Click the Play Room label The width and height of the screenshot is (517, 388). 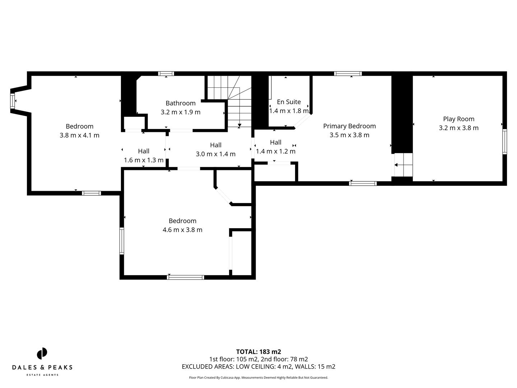(x=458, y=119)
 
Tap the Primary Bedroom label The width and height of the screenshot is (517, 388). (x=349, y=126)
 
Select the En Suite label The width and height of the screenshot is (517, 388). (x=289, y=102)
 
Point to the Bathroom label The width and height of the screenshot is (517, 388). (x=181, y=103)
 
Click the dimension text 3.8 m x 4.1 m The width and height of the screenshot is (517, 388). (x=79, y=135)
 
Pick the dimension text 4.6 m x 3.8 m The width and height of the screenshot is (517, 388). (x=182, y=230)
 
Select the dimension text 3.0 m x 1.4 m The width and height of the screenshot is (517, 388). (x=215, y=154)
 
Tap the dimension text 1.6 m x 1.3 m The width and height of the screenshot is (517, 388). (x=144, y=160)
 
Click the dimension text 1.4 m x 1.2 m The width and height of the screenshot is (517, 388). (x=275, y=151)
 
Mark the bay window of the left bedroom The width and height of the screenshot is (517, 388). (x=13, y=101)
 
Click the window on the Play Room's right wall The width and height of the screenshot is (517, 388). (x=504, y=142)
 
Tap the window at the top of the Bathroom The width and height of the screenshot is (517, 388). (x=166, y=74)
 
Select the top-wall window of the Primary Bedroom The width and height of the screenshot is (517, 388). (x=348, y=74)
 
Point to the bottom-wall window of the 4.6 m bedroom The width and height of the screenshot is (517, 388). (x=186, y=277)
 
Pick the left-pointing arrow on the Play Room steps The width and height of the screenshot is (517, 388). (x=396, y=165)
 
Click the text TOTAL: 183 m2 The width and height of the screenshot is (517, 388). (x=258, y=352)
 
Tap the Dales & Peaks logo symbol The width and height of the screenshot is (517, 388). (x=42, y=354)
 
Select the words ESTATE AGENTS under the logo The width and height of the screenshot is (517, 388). (x=42, y=375)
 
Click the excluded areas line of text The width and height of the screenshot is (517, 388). (x=258, y=367)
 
